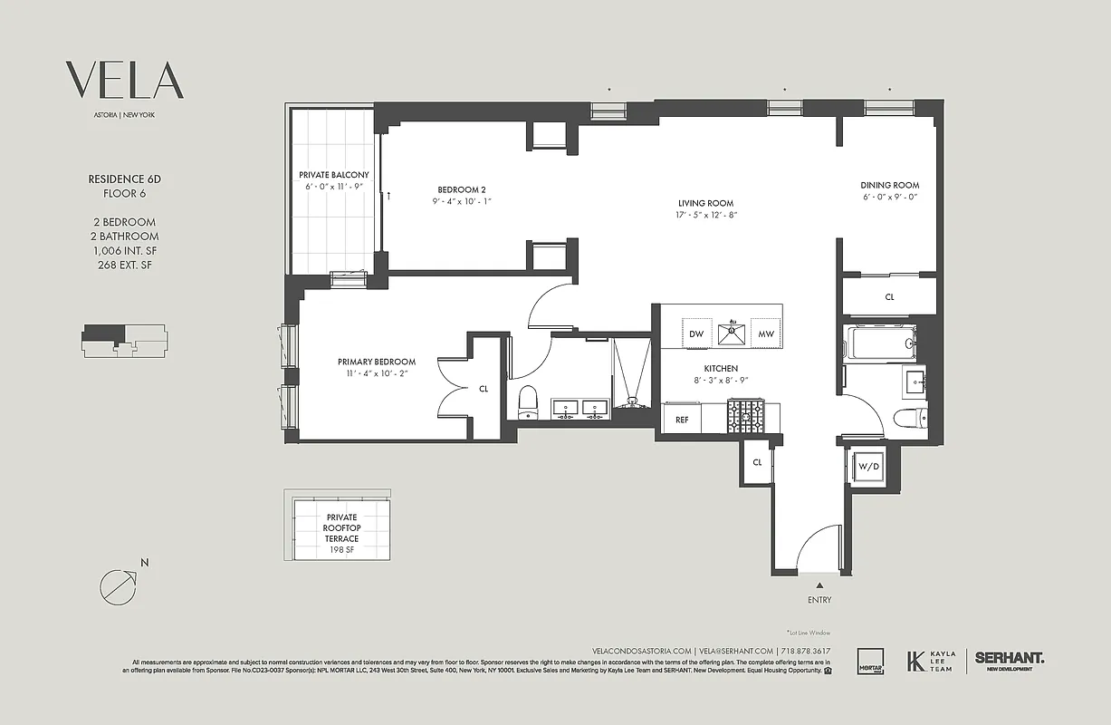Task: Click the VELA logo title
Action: pos(124,81)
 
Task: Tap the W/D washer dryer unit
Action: pos(868,466)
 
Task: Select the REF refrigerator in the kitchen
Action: pos(682,420)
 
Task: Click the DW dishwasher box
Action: pos(695,333)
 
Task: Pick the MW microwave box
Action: pos(765,333)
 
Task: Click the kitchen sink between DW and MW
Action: pos(730,333)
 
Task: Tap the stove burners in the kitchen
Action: pos(747,417)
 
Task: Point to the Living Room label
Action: pos(705,203)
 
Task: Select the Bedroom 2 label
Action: pos(462,189)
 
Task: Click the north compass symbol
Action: pos(118,585)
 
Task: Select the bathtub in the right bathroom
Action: pos(879,344)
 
